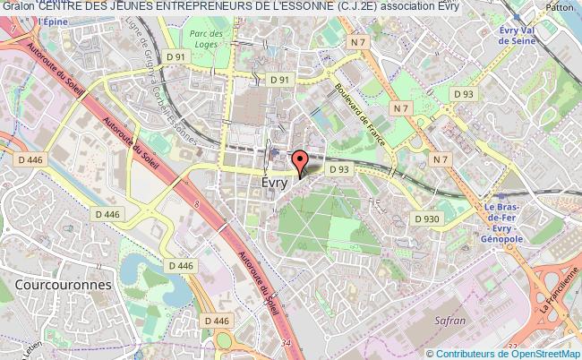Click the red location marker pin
300,161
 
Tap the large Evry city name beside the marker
275,181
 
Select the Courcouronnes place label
64,284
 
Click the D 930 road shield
427,218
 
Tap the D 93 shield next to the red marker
338,168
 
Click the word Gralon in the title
18,7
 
